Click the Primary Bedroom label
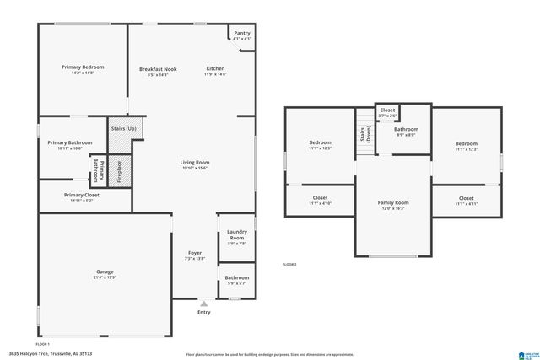coord(82,67)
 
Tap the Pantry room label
coord(241,32)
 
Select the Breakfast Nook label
coord(158,68)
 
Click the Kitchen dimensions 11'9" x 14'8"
coord(215,75)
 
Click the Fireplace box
coord(119,171)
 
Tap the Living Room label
coord(194,162)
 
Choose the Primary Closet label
coord(82,195)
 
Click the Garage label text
coord(105,271)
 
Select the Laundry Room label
coord(236,236)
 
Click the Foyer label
coord(194,252)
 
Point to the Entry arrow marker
coord(203,302)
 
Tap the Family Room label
coord(392,202)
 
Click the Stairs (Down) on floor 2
coord(363,134)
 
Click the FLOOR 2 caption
coord(289,265)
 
